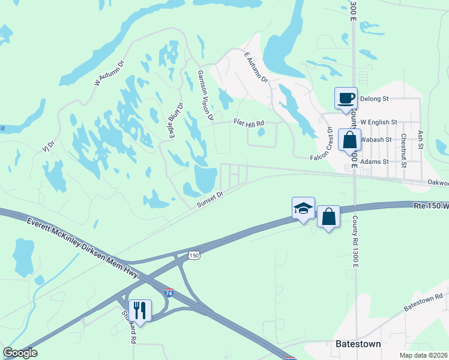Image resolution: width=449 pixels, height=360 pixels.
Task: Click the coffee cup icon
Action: (346, 98)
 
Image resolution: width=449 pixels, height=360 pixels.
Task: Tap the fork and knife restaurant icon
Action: (140, 310)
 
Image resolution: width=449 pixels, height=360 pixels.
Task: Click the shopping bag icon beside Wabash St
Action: (349, 140)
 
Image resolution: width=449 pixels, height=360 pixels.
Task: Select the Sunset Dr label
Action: (210, 200)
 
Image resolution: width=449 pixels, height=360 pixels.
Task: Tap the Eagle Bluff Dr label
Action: (176, 119)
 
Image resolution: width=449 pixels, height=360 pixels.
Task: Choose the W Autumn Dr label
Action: (109, 73)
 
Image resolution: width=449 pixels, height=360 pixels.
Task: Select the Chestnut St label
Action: (405, 146)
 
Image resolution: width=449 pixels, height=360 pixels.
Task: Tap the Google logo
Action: (20, 353)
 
